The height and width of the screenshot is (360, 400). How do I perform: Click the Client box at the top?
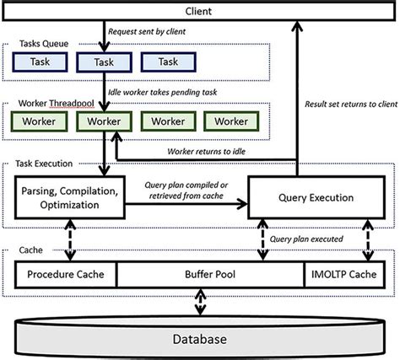point(200,12)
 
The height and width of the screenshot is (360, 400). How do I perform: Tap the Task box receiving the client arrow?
point(102,62)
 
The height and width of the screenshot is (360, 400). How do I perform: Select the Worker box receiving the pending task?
point(102,121)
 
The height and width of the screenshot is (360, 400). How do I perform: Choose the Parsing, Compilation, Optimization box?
point(71,196)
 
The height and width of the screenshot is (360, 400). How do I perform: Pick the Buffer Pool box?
point(208,274)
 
